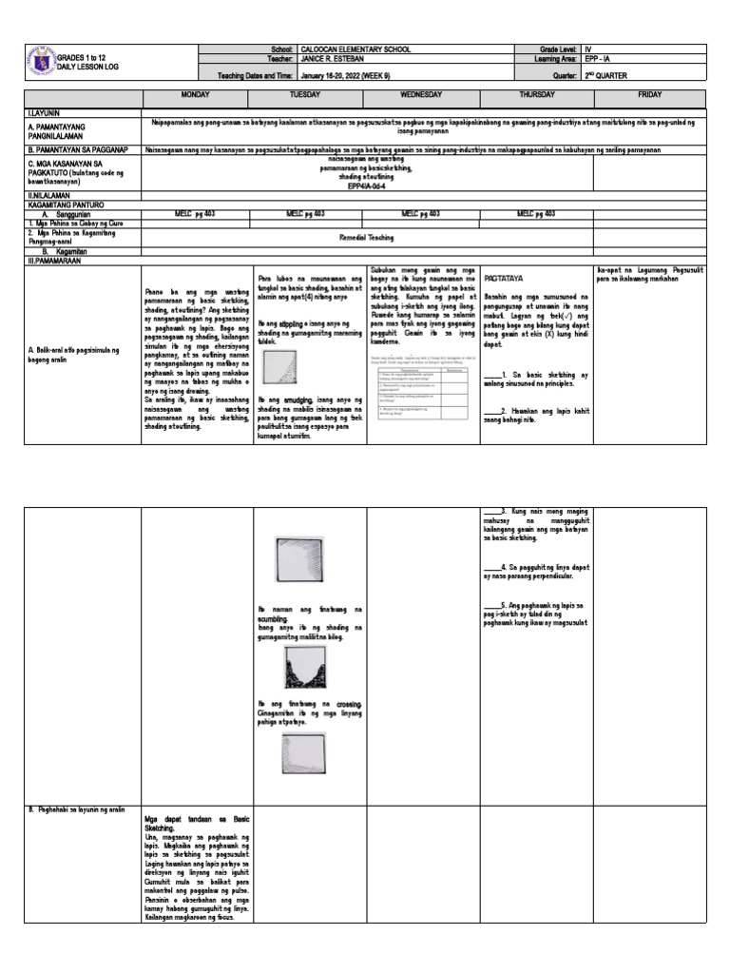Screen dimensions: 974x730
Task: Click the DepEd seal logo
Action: click(41, 61)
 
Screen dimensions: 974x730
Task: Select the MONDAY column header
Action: click(197, 97)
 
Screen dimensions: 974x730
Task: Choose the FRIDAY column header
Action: click(649, 97)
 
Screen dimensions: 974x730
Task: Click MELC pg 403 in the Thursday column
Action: click(536, 214)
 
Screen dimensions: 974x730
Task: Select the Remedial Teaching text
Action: click(367, 238)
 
